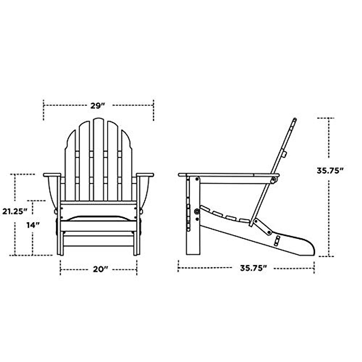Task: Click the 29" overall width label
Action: [x=98, y=106]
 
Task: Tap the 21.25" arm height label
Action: [x=13, y=211]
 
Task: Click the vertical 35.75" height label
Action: [x=330, y=170]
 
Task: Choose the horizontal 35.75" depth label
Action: [x=253, y=268]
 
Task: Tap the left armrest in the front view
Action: [x=52, y=175]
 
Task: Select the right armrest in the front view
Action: [x=145, y=175]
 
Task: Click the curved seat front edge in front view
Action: [x=98, y=218]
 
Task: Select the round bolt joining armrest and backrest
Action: [x=273, y=180]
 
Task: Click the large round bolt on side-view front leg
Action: [x=197, y=211]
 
